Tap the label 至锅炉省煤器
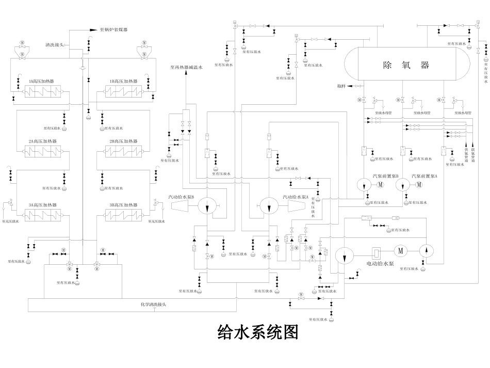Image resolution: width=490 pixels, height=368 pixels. tap(113, 30)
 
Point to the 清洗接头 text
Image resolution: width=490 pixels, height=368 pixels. tap(54, 45)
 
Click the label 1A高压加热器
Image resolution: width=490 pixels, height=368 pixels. tap(41, 82)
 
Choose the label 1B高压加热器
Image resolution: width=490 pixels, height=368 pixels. tap(123, 82)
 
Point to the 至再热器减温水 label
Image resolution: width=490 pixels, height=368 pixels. tap(186, 67)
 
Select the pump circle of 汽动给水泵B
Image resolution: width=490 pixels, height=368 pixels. tap(207, 206)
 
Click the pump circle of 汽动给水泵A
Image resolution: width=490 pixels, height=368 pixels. tap(269, 206)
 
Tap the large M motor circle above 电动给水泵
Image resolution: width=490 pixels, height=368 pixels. tap(400, 251)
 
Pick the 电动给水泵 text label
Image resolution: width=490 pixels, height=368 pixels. tap(380, 263)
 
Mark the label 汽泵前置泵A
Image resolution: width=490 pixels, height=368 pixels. tap(424, 176)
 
